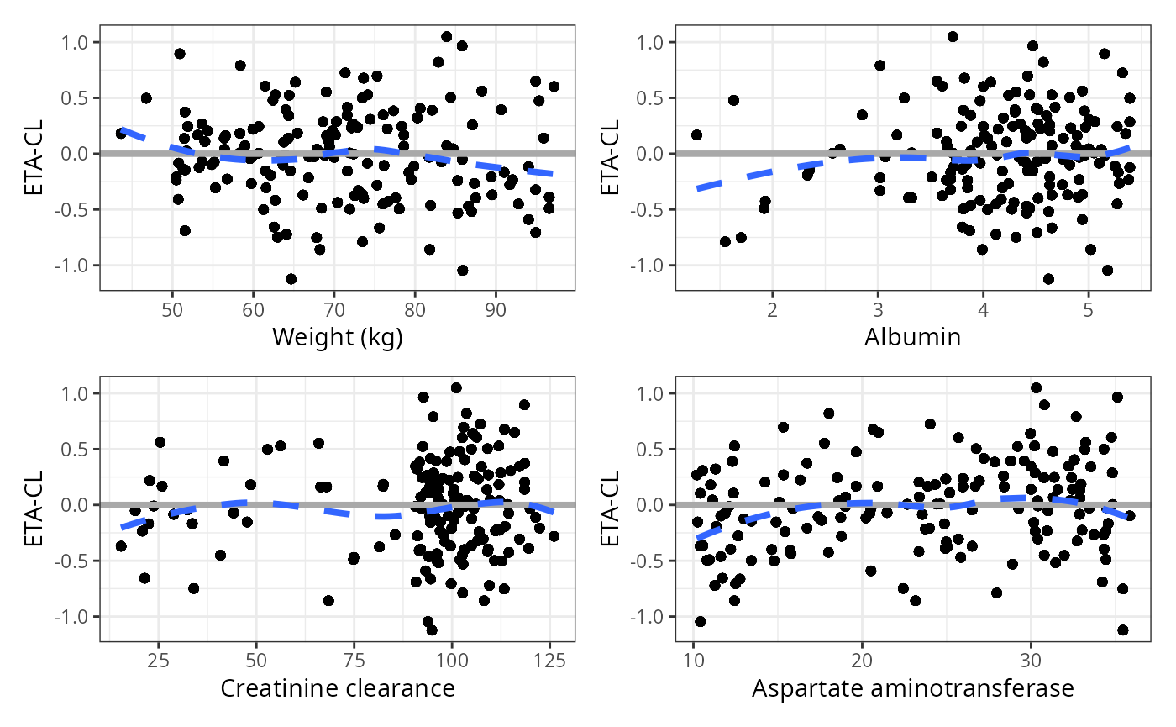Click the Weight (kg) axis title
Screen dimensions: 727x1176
click(338, 338)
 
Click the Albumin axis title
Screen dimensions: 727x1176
click(912, 338)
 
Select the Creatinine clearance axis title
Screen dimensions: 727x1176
click(338, 689)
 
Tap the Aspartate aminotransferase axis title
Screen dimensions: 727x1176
click(912, 689)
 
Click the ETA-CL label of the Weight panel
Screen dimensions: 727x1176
click(34, 154)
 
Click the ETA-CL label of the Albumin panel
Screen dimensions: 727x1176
click(611, 154)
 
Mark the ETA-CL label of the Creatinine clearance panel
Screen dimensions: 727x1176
click(34, 505)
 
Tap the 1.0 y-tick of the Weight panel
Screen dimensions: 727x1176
click(81, 42)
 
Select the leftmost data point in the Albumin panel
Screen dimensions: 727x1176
click(696, 134)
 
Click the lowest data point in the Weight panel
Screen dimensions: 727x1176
click(291, 279)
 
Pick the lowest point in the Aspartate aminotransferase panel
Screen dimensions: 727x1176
click(1122, 630)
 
